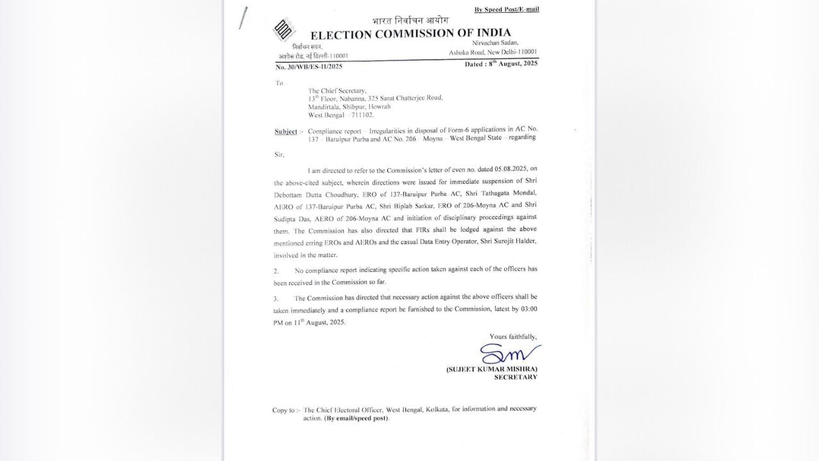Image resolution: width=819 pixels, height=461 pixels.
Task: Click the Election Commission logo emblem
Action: pos(282,30)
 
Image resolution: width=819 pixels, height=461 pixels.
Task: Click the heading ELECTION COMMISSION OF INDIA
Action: pos(411,35)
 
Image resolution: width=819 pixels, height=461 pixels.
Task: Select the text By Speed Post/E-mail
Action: pos(506,9)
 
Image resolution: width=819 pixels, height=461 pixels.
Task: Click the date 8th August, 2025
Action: pos(502,63)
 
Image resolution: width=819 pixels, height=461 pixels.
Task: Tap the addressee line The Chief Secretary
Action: pos(338,91)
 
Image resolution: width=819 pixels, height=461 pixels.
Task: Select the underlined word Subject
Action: pos(286,131)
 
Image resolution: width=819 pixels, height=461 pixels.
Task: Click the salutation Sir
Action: pos(279,154)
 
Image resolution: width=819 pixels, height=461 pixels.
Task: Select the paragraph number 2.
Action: pos(276,271)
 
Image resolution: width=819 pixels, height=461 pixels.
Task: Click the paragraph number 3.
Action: pos(276,299)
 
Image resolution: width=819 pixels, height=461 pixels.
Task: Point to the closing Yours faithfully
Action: pos(513,337)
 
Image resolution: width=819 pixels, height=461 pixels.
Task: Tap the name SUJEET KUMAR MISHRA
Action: pos(491,369)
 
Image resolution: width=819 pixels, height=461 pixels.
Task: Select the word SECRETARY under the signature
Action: pos(516,377)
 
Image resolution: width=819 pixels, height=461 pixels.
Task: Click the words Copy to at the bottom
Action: pos(284,410)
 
